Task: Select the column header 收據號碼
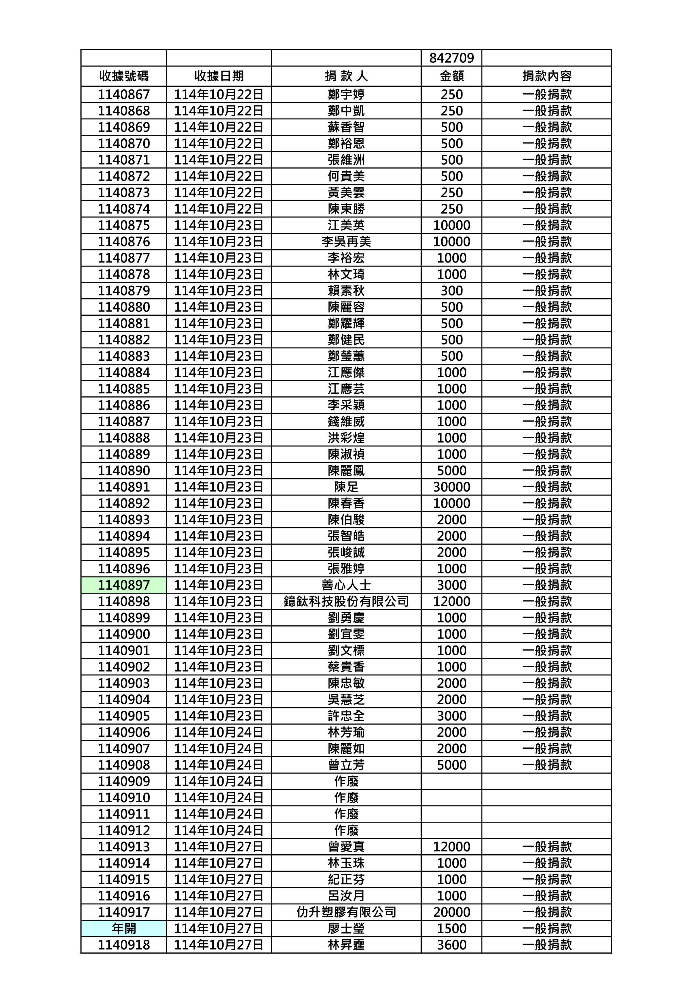(x=124, y=76)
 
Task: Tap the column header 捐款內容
(x=547, y=76)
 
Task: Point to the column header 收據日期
(x=219, y=76)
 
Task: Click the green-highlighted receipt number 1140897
(x=124, y=585)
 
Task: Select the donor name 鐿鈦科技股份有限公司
(x=346, y=601)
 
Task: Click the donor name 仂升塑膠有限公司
(x=346, y=912)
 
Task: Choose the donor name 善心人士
(x=346, y=585)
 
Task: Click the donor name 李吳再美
(x=346, y=241)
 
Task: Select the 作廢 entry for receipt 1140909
(x=346, y=781)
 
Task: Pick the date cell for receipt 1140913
(x=219, y=847)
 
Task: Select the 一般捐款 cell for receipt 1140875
(x=547, y=225)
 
